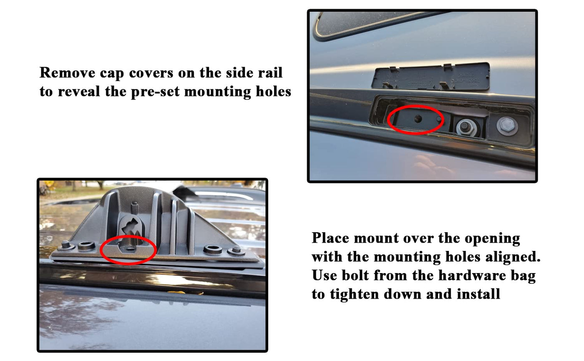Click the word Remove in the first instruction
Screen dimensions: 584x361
point(67,73)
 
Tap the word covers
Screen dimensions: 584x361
point(151,73)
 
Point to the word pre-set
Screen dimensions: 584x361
point(155,92)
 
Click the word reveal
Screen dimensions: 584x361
point(79,91)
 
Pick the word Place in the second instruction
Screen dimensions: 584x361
point(330,238)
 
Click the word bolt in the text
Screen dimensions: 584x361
point(355,275)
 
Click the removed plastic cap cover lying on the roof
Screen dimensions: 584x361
point(430,77)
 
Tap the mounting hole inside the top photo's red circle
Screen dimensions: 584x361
point(418,119)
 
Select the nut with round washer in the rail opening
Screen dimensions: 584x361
point(466,127)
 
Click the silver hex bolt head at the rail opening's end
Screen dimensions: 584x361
point(507,125)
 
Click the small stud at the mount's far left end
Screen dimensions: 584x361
point(65,246)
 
